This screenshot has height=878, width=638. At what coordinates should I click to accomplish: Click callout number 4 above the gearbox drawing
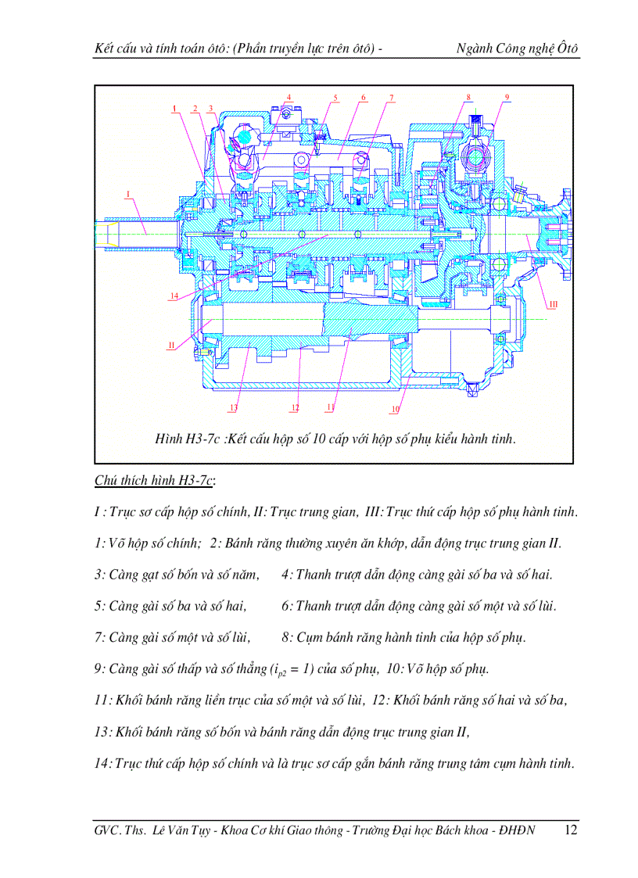click(289, 98)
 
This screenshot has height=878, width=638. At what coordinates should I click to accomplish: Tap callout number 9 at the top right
click(507, 97)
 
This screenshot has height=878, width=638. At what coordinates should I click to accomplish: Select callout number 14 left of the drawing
click(174, 296)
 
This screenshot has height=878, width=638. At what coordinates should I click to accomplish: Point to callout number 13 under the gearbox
click(233, 408)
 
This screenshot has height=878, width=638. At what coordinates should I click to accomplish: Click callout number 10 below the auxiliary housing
click(396, 408)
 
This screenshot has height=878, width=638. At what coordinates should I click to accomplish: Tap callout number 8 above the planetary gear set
click(468, 97)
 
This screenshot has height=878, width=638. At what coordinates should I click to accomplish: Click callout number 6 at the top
click(364, 98)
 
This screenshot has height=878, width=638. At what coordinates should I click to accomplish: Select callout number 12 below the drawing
click(295, 408)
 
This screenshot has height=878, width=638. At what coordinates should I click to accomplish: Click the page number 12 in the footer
click(570, 830)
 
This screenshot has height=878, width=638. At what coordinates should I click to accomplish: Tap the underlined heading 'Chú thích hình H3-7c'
click(155, 481)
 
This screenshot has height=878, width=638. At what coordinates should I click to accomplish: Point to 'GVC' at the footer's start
click(106, 830)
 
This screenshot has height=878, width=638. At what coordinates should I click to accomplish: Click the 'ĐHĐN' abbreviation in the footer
click(518, 830)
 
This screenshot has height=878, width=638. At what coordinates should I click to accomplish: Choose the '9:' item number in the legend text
click(99, 669)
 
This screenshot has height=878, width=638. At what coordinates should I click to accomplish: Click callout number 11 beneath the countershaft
click(331, 408)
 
